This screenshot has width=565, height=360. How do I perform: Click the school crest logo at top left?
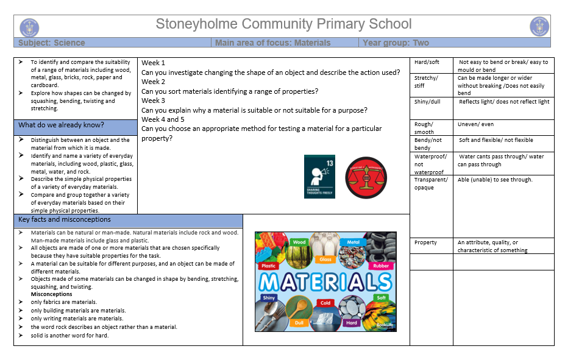click(x=29, y=27)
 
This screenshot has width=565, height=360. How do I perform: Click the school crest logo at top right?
click(x=539, y=27)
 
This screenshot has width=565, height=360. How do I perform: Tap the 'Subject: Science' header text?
click(x=52, y=43)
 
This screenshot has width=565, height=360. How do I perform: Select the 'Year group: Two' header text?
click(x=396, y=43)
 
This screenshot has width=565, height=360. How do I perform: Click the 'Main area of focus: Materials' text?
click(x=272, y=43)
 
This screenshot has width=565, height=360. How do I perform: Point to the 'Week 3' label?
click(x=153, y=101)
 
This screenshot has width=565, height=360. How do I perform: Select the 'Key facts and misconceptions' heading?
click(x=64, y=219)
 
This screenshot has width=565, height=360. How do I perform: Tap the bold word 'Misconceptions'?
click(x=52, y=294)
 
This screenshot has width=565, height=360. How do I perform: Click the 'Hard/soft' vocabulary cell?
click(x=427, y=62)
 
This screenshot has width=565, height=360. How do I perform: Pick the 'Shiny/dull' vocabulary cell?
click(x=427, y=102)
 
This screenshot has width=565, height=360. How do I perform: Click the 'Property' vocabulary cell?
click(x=425, y=242)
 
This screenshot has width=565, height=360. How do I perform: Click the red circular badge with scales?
click(x=366, y=177)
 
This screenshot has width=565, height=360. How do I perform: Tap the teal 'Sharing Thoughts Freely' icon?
click(x=321, y=176)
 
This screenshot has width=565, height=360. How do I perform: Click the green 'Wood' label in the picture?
click(x=299, y=242)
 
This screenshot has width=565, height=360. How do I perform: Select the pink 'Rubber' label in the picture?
click(x=381, y=266)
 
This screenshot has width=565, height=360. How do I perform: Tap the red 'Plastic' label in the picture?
click(x=269, y=266)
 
